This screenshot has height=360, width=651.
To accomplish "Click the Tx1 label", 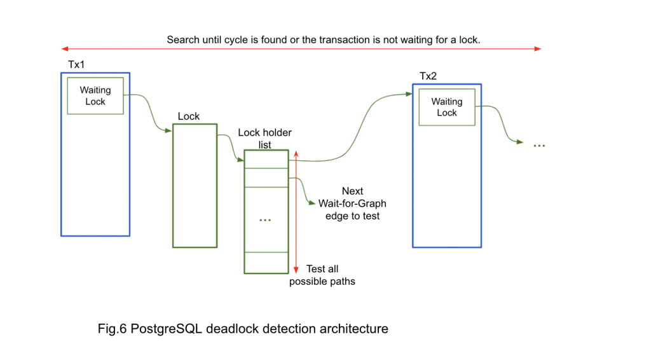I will click(76, 66).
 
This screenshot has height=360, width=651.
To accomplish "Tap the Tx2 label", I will click(428, 76).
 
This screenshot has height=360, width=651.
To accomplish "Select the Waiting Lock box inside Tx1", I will click(95, 96).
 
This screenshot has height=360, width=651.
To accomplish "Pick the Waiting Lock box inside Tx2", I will click(446, 107).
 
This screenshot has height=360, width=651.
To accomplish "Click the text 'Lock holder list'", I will click(264, 139).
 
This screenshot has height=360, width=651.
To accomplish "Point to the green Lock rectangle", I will click(195, 185).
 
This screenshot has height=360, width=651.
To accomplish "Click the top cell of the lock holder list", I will click(266, 159).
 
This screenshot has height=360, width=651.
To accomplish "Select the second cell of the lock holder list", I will click(266, 177).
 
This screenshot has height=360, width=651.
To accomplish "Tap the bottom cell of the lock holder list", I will click(266, 263).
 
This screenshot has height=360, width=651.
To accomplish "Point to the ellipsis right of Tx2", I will click(539, 146).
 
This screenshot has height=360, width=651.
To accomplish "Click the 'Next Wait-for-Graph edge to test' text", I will click(352, 204).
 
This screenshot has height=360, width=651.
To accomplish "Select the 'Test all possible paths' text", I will click(322, 275).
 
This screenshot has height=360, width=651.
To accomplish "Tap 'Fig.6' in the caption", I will click(112, 329).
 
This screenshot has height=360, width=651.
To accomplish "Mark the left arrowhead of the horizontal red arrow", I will click(64, 48).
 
